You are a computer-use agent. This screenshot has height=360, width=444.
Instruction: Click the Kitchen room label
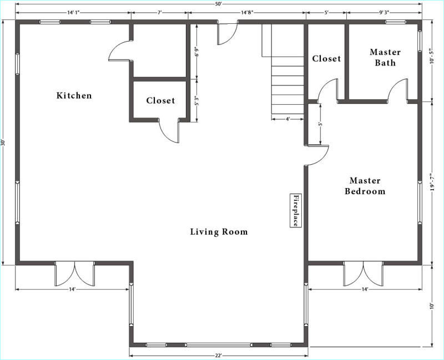point(74,95)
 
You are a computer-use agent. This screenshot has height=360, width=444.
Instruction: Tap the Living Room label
point(219,232)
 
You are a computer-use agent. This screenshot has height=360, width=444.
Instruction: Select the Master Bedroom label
point(365,186)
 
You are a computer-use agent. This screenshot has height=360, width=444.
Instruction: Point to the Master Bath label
point(385,57)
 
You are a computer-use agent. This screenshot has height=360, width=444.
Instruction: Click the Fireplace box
point(296,210)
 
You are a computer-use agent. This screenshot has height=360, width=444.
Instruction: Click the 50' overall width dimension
point(218,3)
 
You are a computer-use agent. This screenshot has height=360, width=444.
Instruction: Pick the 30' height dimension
point(3,143)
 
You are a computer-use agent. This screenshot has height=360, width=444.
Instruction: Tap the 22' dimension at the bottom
point(218,356)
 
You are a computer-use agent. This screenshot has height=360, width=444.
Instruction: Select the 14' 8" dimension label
point(246,12)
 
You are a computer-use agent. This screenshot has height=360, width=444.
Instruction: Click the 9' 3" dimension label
point(384,12)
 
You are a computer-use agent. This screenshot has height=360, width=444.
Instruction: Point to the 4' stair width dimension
point(287,119)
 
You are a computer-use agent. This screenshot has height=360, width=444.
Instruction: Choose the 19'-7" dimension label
point(432,182)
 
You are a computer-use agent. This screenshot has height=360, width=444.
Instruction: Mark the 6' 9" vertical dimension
point(197,52)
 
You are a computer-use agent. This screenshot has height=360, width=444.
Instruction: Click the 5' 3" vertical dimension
point(197,100)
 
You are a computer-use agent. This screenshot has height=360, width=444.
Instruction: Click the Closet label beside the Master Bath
point(326,59)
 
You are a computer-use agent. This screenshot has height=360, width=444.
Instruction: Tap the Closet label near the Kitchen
point(160,100)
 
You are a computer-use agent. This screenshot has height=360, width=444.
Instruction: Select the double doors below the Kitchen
point(74,273)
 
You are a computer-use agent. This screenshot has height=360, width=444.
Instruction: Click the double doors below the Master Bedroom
point(364,273)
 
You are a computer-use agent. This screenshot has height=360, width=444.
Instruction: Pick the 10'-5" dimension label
point(432,57)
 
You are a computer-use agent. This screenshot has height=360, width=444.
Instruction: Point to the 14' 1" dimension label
point(73,12)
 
